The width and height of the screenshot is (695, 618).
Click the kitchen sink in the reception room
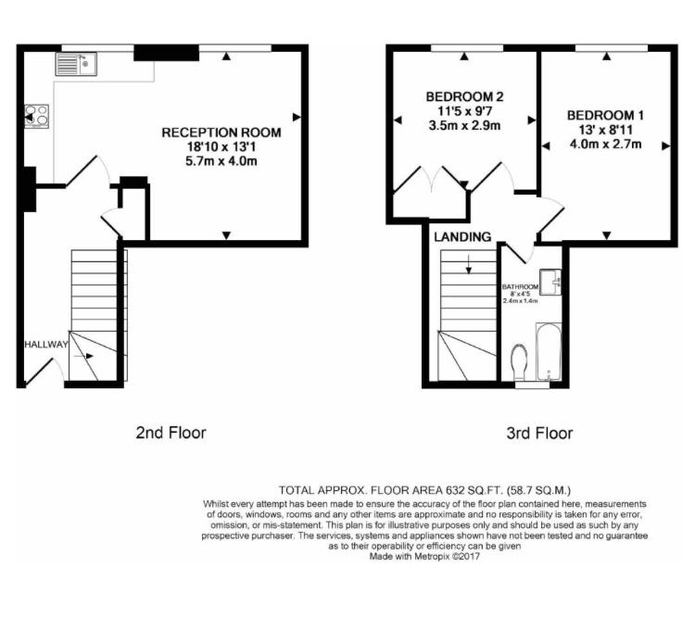[x=76, y=63]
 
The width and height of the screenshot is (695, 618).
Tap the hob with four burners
[x=37, y=116]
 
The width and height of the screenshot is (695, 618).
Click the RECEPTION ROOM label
[x=221, y=132]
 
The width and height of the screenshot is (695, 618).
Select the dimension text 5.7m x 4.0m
[x=221, y=161]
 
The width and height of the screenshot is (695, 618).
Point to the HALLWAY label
[x=46, y=345]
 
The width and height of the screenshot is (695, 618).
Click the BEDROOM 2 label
[x=464, y=96]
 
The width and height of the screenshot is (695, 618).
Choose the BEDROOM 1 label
[x=606, y=115]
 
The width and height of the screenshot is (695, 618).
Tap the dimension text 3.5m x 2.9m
[x=464, y=125]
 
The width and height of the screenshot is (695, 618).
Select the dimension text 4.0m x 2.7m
[x=606, y=144]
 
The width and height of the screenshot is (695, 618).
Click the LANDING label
[x=462, y=237]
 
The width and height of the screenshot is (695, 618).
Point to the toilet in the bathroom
[x=519, y=361]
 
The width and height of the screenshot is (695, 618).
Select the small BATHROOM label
[x=520, y=287]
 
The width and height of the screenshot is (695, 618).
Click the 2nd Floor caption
[x=171, y=432]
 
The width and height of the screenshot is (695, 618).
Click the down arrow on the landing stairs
[x=469, y=269]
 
